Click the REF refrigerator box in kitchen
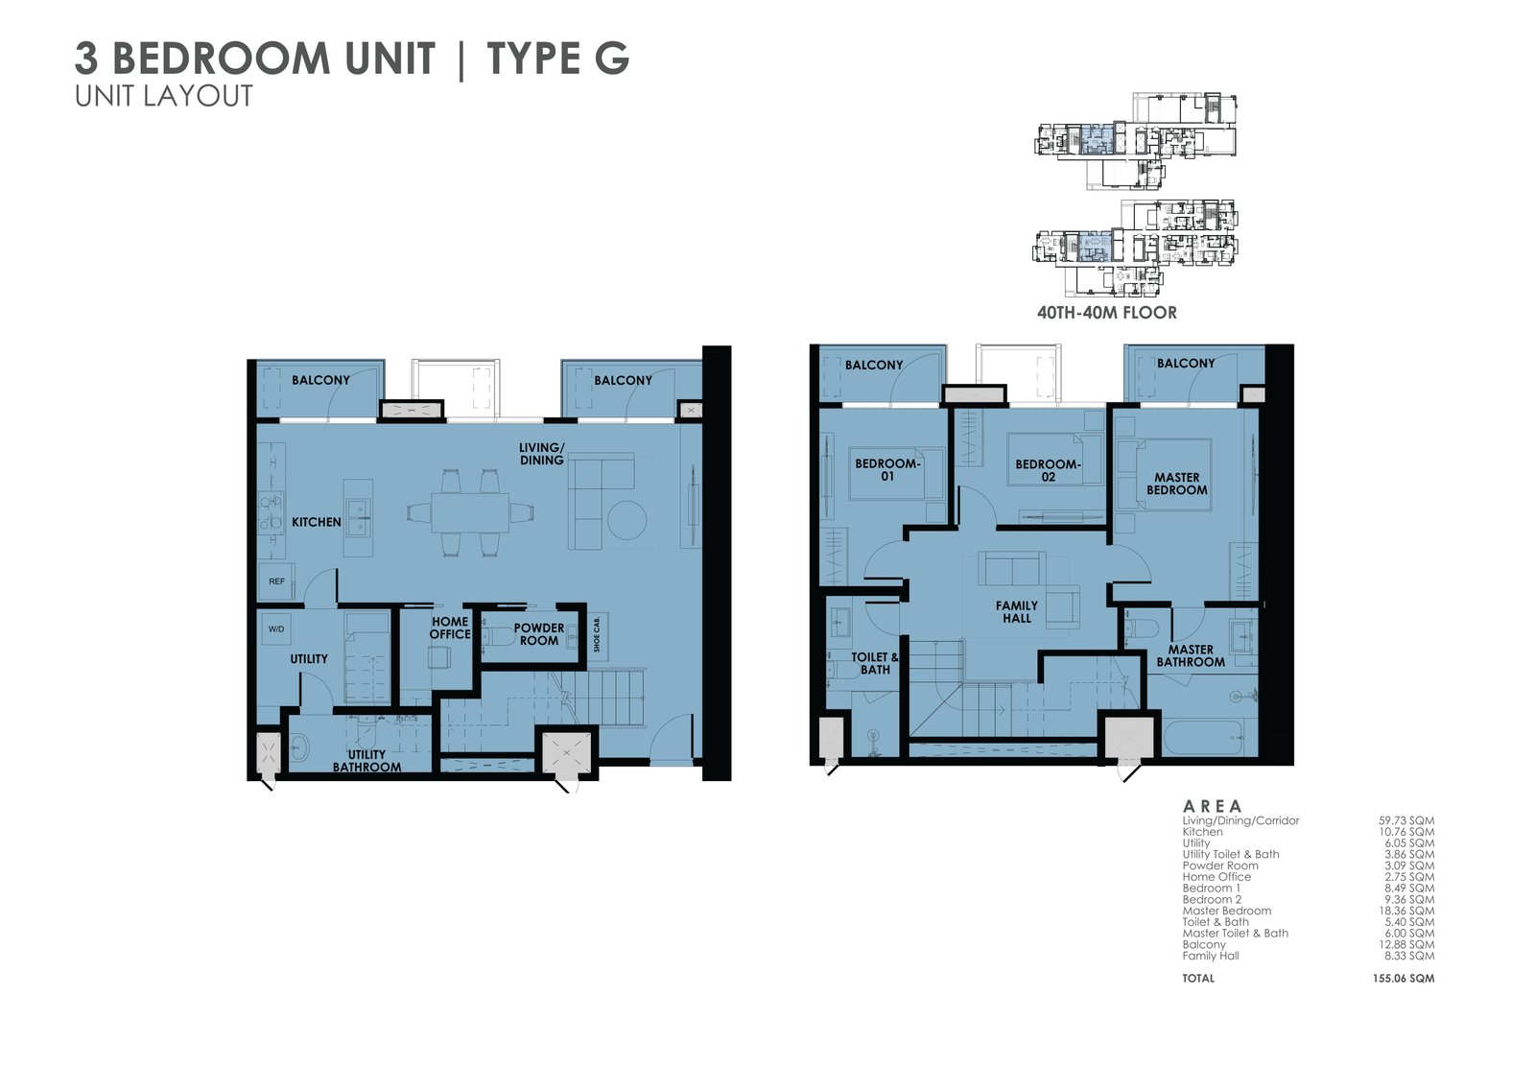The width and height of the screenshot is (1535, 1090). click(x=276, y=581)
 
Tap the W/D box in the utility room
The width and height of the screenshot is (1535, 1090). click(x=276, y=629)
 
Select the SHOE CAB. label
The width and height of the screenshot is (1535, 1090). click(x=597, y=634)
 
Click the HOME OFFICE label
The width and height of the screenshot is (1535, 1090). click(x=450, y=628)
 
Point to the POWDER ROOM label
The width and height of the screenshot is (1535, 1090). click(x=538, y=634)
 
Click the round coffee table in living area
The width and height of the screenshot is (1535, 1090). click(x=627, y=521)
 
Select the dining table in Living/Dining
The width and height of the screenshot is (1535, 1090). click(x=470, y=512)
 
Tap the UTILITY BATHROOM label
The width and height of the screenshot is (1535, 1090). click(x=366, y=761)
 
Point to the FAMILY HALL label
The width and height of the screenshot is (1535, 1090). click(x=1017, y=612)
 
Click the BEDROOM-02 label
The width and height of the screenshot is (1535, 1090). click(x=1048, y=470)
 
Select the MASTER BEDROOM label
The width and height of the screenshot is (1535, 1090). click(x=1176, y=484)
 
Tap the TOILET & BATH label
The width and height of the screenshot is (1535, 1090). click(x=875, y=663)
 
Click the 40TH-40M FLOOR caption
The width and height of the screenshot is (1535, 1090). click(x=1106, y=313)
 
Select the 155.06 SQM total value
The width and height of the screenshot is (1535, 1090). click(x=1403, y=979)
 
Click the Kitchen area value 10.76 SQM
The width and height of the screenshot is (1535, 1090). click(x=1405, y=832)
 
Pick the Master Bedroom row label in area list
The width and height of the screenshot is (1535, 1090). click(x=1226, y=911)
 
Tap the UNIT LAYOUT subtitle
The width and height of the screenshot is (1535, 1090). click(x=164, y=96)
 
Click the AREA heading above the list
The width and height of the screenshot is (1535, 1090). click(x=1212, y=806)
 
